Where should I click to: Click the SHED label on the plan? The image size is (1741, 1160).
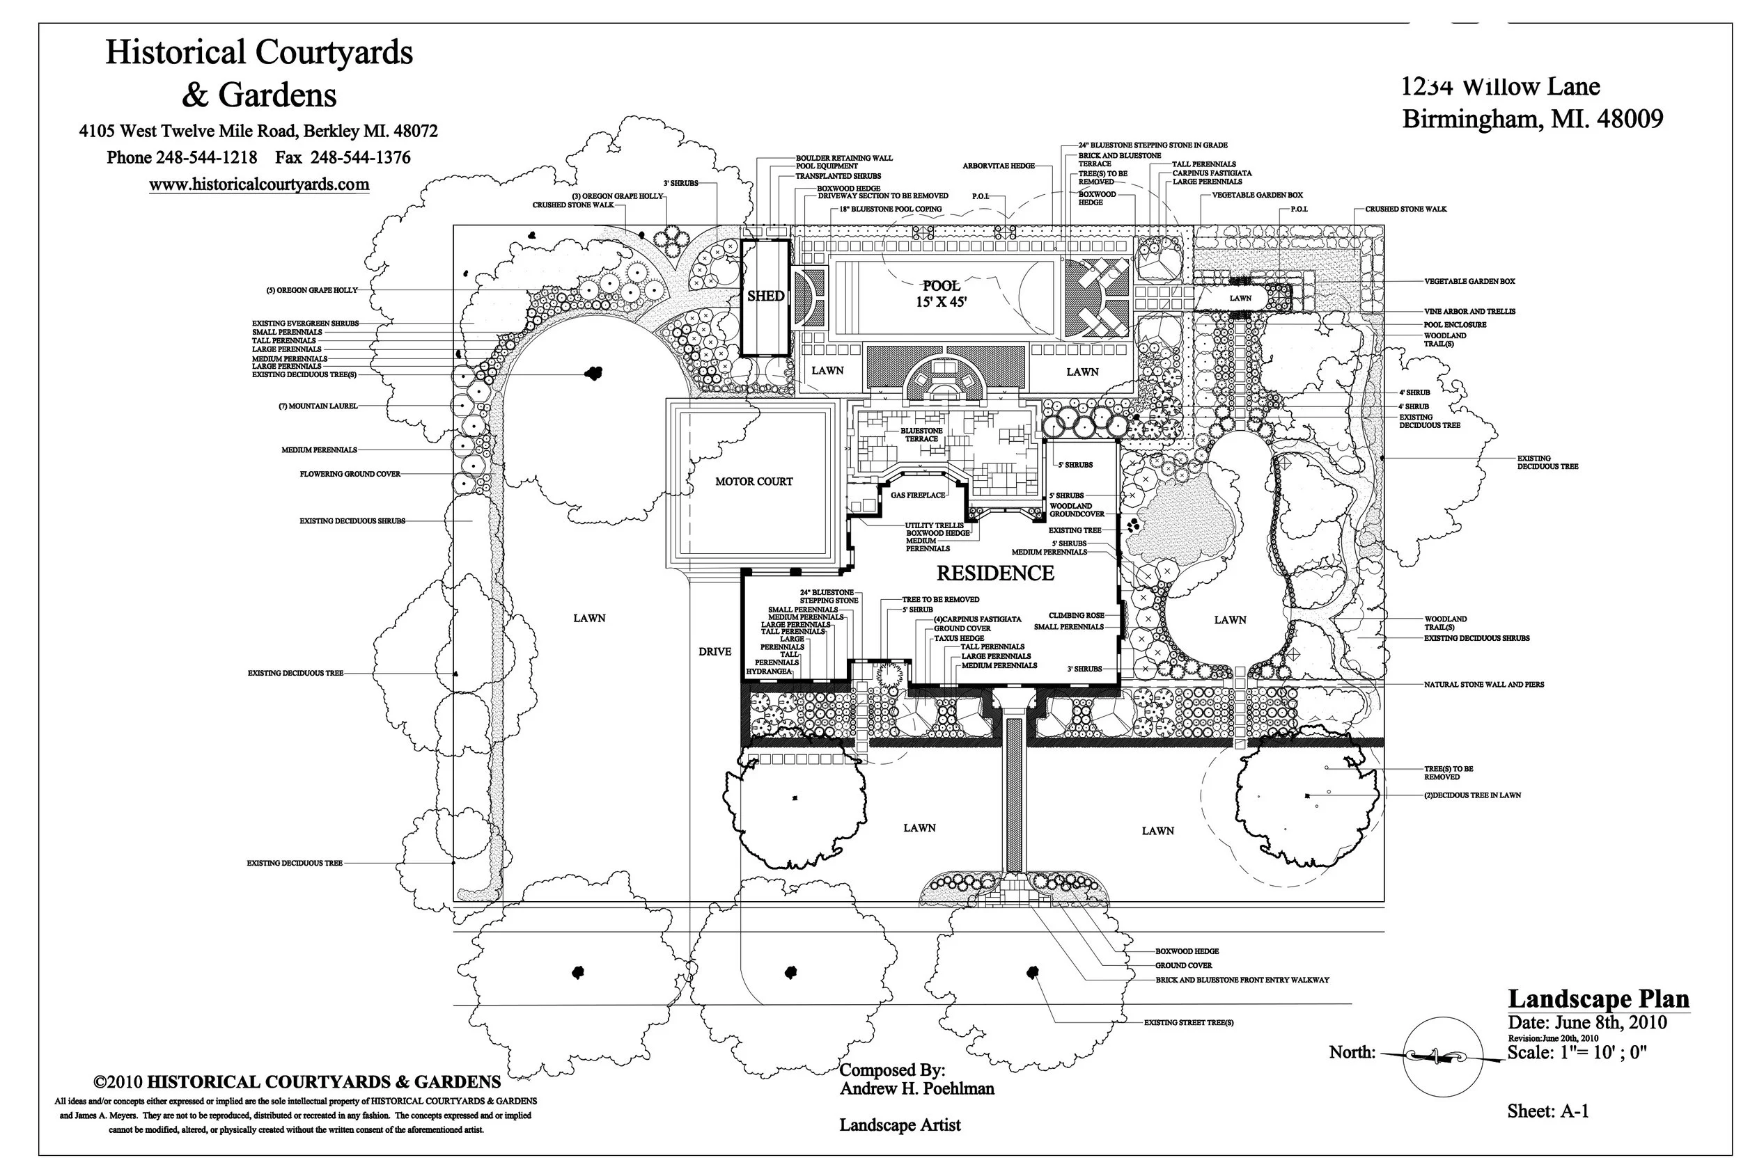765,296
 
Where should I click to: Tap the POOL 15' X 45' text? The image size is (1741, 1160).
941,294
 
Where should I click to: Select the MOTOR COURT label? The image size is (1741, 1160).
754,482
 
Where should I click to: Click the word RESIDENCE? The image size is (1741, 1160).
995,573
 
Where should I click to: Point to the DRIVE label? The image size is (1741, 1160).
715,652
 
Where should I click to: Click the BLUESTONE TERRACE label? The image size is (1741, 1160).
921,435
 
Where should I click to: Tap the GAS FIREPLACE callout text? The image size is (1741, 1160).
918,495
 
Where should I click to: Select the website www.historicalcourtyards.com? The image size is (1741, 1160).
259,184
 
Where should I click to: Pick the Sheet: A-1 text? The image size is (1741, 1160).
1548,1111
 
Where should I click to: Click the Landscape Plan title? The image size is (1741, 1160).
1599,999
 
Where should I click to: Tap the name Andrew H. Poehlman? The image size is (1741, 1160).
916,1088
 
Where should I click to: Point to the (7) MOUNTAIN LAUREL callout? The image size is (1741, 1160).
318,406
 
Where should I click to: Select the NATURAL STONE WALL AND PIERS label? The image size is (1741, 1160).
1483,685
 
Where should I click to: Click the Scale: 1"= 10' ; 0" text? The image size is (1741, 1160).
1577,1053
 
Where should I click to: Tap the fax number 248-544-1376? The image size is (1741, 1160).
360,157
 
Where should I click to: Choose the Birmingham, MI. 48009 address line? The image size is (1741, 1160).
1532,119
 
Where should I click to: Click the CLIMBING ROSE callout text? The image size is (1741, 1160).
1076,616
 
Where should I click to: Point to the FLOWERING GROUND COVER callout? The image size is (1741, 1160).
350,474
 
